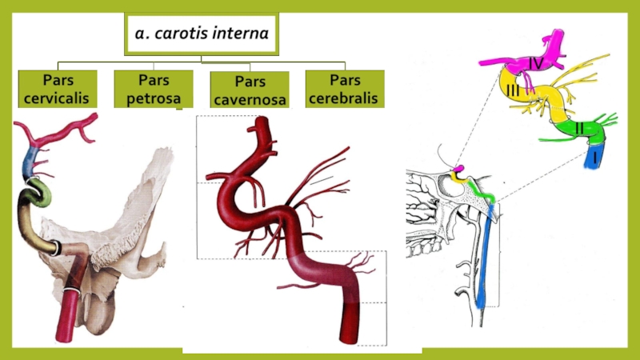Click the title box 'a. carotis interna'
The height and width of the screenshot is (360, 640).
click(202, 34)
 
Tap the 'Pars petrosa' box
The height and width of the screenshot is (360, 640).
click(154, 89)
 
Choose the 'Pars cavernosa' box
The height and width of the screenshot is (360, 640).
click(250, 90)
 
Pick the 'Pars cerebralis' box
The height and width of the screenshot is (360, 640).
click(345, 89)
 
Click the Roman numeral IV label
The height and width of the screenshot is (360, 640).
click(536, 62)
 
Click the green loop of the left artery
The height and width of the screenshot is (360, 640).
click(37, 193)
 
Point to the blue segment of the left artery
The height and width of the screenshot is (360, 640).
click(32, 160)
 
